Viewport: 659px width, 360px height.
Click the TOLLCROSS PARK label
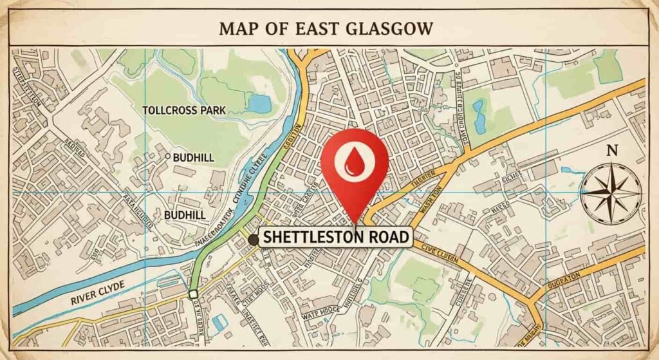coord(183,110)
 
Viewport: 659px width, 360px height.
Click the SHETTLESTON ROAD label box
coord(335,238)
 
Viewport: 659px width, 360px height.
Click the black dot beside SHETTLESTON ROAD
coord(253,240)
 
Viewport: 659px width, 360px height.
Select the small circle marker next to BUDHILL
coord(168,156)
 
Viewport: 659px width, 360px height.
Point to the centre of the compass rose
coord(611,191)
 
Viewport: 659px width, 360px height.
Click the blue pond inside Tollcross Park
coord(259,102)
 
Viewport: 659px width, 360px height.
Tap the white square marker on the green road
coord(193,294)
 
